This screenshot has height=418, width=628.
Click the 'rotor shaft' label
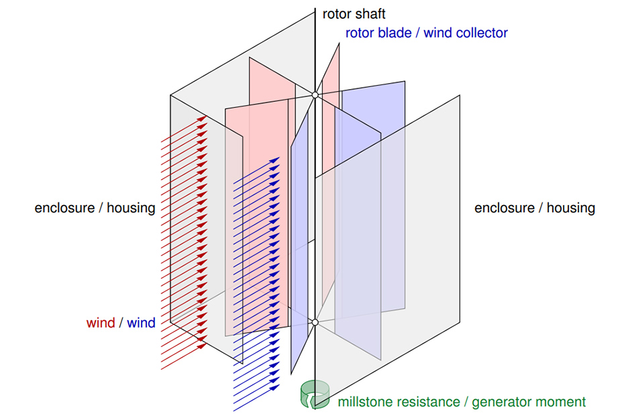[x=354, y=14]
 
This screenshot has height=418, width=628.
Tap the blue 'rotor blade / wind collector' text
[x=427, y=32]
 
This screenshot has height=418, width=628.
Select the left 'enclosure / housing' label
[x=95, y=208]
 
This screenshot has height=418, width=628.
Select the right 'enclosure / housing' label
[x=535, y=208]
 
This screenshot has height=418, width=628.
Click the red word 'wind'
[x=101, y=324]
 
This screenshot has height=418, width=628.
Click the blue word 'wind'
[x=141, y=324]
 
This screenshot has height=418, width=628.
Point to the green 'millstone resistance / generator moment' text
[x=462, y=402]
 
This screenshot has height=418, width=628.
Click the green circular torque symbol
[x=313, y=394]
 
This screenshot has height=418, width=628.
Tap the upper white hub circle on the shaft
[x=315, y=95]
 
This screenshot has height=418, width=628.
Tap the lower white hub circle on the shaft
[x=315, y=323]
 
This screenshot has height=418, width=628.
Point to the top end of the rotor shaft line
[x=315, y=9]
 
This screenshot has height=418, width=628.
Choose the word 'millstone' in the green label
[x=366, y=402]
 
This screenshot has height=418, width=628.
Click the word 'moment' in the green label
[x=562, y=402]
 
